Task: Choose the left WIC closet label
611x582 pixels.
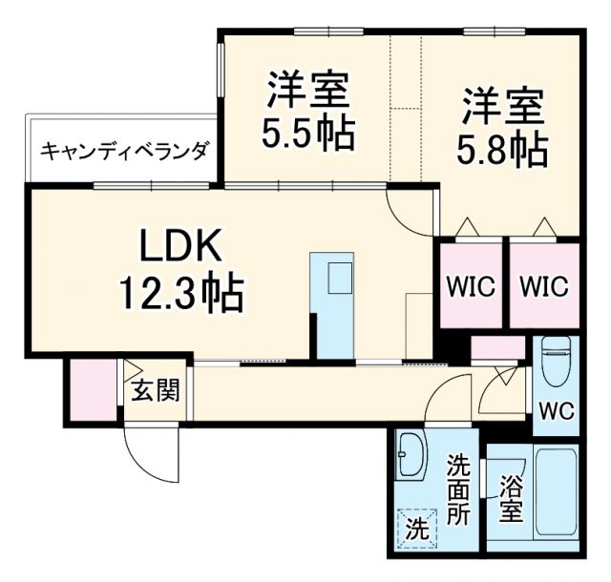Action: coord(472,286)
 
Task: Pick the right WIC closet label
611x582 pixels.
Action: coord(544,286)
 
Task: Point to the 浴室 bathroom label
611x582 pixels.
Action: coord(511,499)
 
